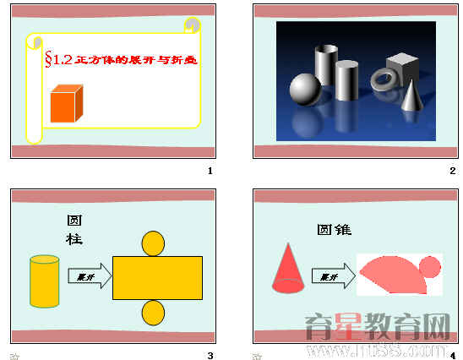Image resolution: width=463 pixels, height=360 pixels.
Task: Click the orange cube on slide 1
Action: tap(68, 104)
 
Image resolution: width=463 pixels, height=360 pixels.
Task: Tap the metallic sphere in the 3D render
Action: tap(304, 89)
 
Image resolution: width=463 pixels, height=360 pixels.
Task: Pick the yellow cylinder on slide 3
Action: tap(44, 281)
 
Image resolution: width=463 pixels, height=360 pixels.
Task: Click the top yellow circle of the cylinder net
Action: tap(152, 243)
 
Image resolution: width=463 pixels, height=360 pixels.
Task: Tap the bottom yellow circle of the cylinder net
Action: tap(152, 314)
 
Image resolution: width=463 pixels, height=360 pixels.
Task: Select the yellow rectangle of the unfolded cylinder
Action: tap(157, 278)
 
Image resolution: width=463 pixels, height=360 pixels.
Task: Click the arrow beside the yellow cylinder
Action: tap(90, 276)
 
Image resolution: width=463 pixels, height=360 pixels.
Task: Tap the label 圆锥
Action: tap(334, 229)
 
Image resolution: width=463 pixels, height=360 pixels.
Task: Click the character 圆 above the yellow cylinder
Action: tap(74, 221)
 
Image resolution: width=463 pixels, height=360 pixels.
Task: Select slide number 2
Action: tap(453, 172)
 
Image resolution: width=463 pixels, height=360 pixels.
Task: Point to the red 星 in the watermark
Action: tap(341, 325)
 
